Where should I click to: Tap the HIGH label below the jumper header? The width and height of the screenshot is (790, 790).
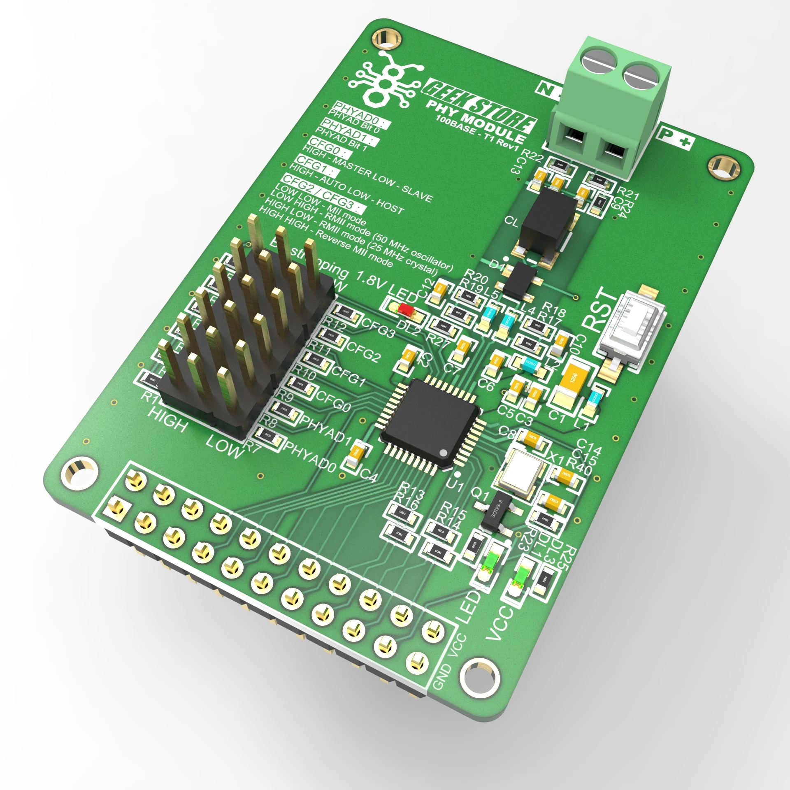[x=168, y=418]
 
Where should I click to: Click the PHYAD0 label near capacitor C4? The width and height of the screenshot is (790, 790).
[x=311, y=456]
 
